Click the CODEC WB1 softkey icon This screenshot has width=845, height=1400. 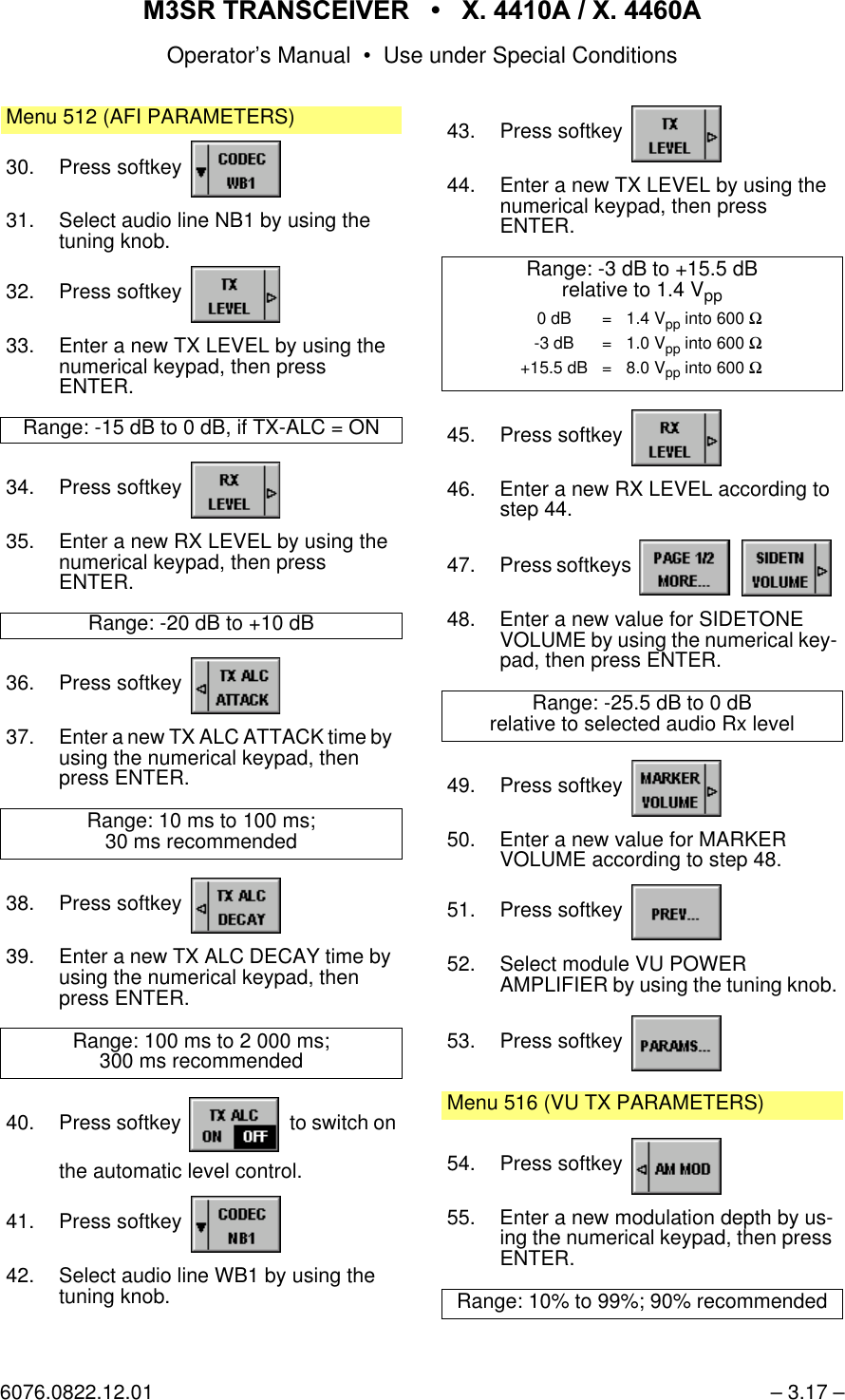tap(235, 170)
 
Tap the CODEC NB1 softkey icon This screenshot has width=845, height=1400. tap(235, 1225)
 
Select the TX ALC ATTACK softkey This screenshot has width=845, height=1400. tap(235, 687)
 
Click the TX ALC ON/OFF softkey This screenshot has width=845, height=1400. tap(235, 1126)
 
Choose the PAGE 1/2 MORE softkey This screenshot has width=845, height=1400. tap(685, 569)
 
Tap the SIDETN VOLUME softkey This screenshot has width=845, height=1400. tap(785, 569)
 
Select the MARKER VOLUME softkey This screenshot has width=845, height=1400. tap(676, 789)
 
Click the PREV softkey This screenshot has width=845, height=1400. tap(676, 914)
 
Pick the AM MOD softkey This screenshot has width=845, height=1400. tap(676, 1167)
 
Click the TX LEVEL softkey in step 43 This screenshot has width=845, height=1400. tap(676, 135)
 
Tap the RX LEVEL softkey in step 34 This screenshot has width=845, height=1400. tap(235, 491)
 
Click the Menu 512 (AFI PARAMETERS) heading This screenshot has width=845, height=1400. tap(150, 118)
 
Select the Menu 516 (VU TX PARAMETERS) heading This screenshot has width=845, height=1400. tap(605, 1104)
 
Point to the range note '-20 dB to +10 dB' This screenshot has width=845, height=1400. tap(201, 624)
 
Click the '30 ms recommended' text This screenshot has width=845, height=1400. tap(201, 842)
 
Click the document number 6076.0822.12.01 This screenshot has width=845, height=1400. tap(76, 1391)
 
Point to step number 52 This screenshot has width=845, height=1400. tap(460, 965)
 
